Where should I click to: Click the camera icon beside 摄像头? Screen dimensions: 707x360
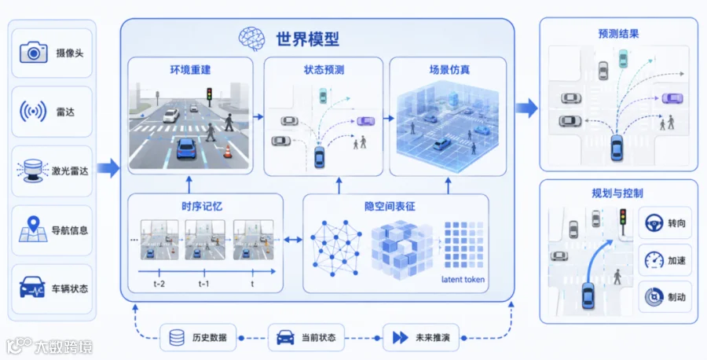pos(33,53)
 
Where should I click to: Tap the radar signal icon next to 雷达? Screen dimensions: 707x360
pos(33,112)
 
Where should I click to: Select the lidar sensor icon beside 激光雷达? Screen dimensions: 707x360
pos(32,171)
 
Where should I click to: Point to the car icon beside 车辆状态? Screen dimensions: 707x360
pos(32,288)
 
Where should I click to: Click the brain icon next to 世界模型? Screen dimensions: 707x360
pos(251,39)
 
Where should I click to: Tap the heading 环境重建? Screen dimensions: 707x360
pos(190,70)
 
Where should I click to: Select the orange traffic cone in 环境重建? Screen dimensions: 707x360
pos(228,151)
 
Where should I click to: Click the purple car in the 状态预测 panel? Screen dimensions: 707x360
pos(365,121)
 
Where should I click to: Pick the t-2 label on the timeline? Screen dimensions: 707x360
pos(159,284)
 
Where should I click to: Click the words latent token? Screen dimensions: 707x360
pos(463,279)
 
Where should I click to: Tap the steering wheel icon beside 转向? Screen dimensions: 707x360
pos(654,223)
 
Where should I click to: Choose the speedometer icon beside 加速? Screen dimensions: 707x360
pos(654,260)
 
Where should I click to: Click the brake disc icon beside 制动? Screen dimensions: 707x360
pos(654,297)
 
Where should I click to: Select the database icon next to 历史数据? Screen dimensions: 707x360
pos(177,337)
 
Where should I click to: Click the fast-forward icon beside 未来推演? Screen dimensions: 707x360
pos(401,337)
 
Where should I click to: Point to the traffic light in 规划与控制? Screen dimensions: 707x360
pos(624,220)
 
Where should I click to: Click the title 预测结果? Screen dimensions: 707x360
pos(618,34)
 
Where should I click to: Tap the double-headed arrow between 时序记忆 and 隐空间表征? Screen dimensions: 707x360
pos(293,240)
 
